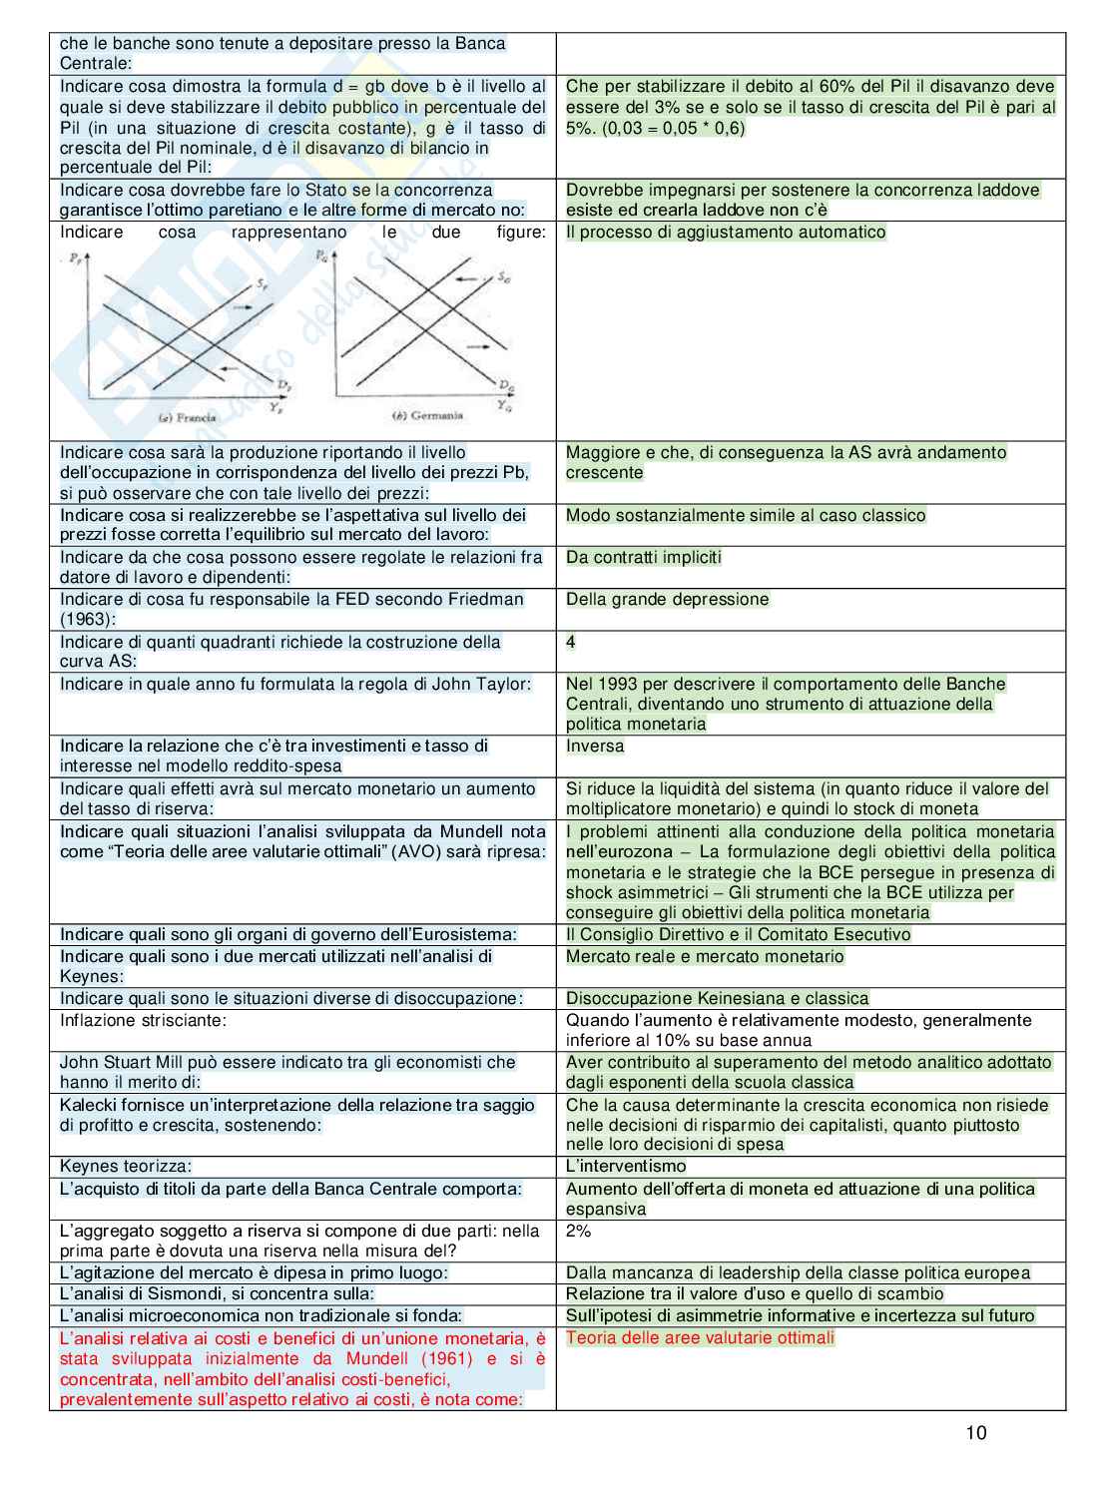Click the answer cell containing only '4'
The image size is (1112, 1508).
coord(571,642)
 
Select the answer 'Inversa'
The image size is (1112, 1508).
coord(595,746)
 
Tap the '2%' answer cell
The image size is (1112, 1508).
coord(579,1231)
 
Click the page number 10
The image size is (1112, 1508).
coord(975,1433)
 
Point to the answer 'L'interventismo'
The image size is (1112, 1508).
coord(626,1166)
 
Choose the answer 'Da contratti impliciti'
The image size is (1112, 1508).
coord(643,557)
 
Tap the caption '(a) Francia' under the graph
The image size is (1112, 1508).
coord(187,417)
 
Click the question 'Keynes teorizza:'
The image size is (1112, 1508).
coord(126,1166)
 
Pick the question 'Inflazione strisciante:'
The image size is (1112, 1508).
coord(144,1020)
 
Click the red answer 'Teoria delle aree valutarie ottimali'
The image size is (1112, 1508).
coord(700,1337)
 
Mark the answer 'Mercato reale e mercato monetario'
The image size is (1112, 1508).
coord(705,956)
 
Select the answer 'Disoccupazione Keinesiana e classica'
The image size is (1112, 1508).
coord(717,998)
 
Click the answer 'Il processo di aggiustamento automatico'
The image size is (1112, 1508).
coord(726,232)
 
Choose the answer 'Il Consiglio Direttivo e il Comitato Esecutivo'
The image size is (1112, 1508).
coord(738,934)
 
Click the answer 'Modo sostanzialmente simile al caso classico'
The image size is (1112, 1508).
coord(746,515)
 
